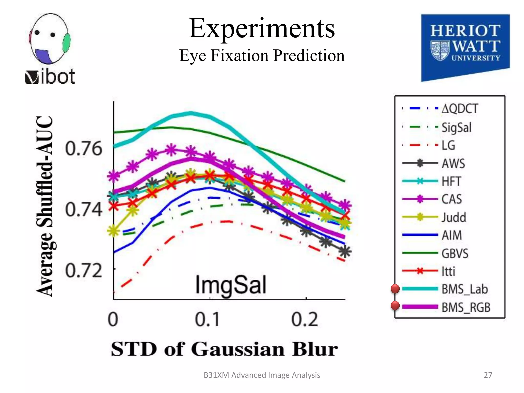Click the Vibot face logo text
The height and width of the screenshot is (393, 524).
50,77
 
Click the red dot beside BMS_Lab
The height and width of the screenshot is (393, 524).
395,289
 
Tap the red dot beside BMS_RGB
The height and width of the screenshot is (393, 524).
395,305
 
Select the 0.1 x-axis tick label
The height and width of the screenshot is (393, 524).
207,320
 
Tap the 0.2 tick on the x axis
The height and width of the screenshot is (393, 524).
304,320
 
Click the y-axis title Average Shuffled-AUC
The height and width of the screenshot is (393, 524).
45,206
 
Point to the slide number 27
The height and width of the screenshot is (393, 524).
488,375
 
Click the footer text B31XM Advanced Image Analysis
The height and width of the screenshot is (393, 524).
261,375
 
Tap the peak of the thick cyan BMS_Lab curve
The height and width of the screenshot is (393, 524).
191,113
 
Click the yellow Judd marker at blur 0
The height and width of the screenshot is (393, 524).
113,231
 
